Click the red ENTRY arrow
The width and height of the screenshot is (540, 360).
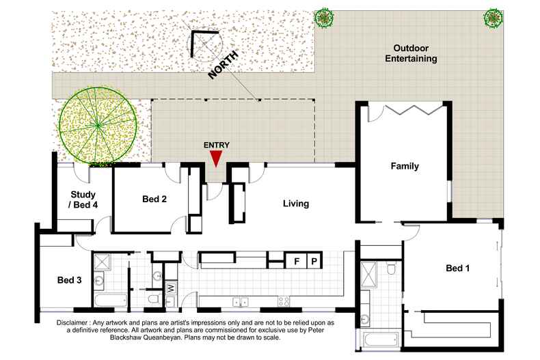point(216,158)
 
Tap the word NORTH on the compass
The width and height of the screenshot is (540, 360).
point(223,65)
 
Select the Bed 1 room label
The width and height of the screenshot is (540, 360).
point(457,268)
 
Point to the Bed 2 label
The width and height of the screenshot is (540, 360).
point(154,199)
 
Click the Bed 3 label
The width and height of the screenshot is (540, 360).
point(69,280)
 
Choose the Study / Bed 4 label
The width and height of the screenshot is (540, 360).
point(83,199)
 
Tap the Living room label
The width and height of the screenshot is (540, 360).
point(296,204)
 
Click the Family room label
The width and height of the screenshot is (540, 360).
point(405,166)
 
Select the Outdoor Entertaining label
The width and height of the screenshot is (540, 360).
point(411,53)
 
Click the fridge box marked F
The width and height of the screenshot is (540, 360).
point(296,261)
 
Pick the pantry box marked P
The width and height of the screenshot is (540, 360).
point(314,261)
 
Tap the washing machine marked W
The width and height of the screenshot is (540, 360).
point(171,288)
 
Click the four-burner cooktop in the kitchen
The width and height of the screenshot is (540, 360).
point(284,302)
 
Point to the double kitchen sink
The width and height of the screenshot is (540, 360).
point(241,302)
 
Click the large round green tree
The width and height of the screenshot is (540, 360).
point(98,125)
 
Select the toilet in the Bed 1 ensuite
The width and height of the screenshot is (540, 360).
point(391,268)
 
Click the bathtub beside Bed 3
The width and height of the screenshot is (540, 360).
point(111,301)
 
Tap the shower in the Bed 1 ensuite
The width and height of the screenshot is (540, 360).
point(368,275)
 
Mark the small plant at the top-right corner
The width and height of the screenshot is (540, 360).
point(494,18)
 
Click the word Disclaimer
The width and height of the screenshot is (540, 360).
point(72,323)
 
